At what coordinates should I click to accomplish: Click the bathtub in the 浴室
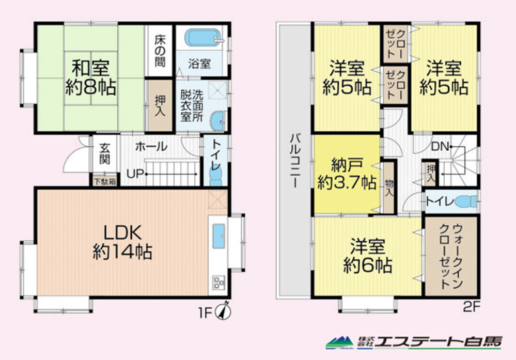tap(202, 38)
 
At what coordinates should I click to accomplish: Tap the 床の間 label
tap(160, 51)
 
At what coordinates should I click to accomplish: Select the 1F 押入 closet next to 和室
tap(160, 105)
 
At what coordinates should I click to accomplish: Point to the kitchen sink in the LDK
tap(218, 236)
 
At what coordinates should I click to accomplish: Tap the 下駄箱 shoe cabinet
tap(105, 181)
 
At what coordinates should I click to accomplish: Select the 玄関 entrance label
tap(105, 153)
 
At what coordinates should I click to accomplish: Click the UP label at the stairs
tap(135, 174)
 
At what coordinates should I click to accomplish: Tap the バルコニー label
tap(294, 160)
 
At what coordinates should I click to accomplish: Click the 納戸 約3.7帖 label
tap(347, 174)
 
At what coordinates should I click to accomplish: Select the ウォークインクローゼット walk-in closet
tap(451, 256)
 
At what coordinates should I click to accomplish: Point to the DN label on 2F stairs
tap(440, 147)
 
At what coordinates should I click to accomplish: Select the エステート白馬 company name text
tap(439, 342)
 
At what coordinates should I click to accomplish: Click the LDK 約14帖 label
tap(122, 243)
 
